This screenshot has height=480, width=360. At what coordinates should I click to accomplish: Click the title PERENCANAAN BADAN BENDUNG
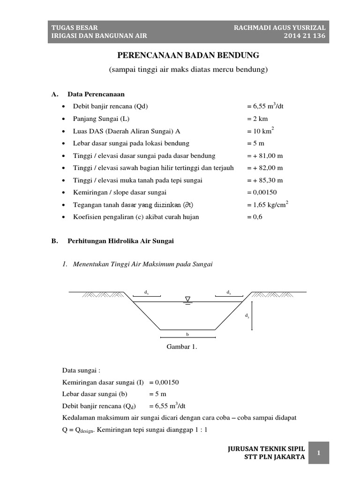click(x=187, y=55)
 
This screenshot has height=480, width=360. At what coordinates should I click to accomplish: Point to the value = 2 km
click(x=257, y=119)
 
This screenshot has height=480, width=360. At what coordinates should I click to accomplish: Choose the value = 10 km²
click(x=260, y=131)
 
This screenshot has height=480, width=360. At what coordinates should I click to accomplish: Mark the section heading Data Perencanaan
click(x=96, y=94)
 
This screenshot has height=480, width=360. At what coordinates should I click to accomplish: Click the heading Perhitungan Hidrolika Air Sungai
click(x=120, y=241)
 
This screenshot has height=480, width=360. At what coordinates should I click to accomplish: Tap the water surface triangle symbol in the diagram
click(x=187, y=299)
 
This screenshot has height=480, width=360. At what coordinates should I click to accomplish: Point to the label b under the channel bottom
click(x=187, y=335)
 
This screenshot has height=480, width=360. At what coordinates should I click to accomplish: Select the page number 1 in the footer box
click(x=318, y=453)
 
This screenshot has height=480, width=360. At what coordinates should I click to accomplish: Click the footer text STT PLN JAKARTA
click(x=277, y=457)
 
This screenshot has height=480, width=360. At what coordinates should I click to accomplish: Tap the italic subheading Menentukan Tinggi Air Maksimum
click(x=143, y=264)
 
